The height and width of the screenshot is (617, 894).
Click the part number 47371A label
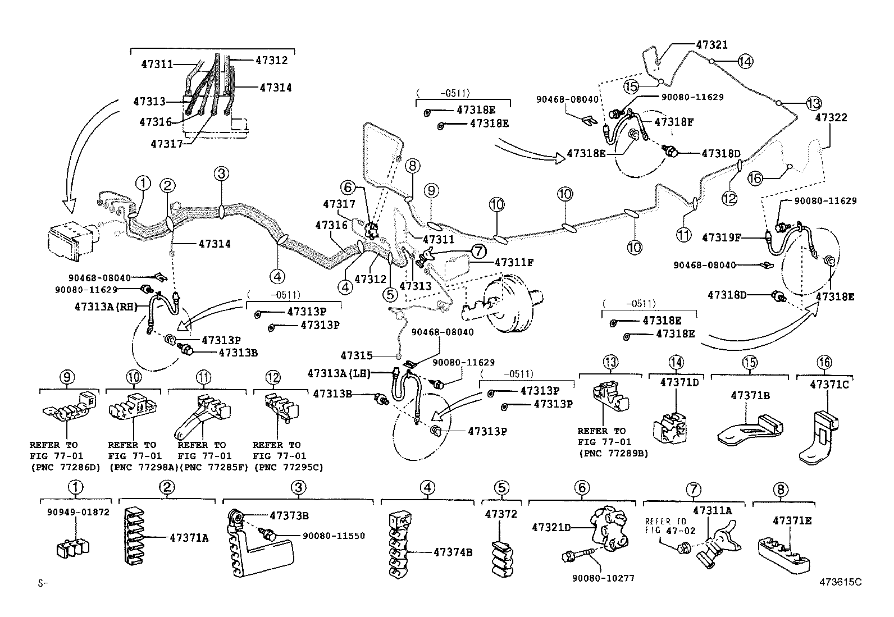[x=189, y=538]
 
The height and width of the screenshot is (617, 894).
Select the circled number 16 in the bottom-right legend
[x=824, y=363]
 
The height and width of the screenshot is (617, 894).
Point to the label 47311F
[x=514, y=262]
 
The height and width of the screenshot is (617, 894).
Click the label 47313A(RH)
[x=106, y=306]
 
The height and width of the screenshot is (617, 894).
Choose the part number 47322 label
[x=831, y=118]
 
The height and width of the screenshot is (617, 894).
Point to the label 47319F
[x=722, y=237]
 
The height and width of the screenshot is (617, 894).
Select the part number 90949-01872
[x=77, y=512]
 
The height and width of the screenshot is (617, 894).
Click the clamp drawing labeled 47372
[x=503, y=559]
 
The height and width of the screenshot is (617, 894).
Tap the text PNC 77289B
[x=613, y=453]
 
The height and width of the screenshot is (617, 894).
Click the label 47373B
[x=289, y=515]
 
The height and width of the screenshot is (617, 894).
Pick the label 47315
[x=357, y=355]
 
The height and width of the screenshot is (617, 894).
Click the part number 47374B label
[x=453, y=552]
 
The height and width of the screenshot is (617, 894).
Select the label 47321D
[x=551, y=527]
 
